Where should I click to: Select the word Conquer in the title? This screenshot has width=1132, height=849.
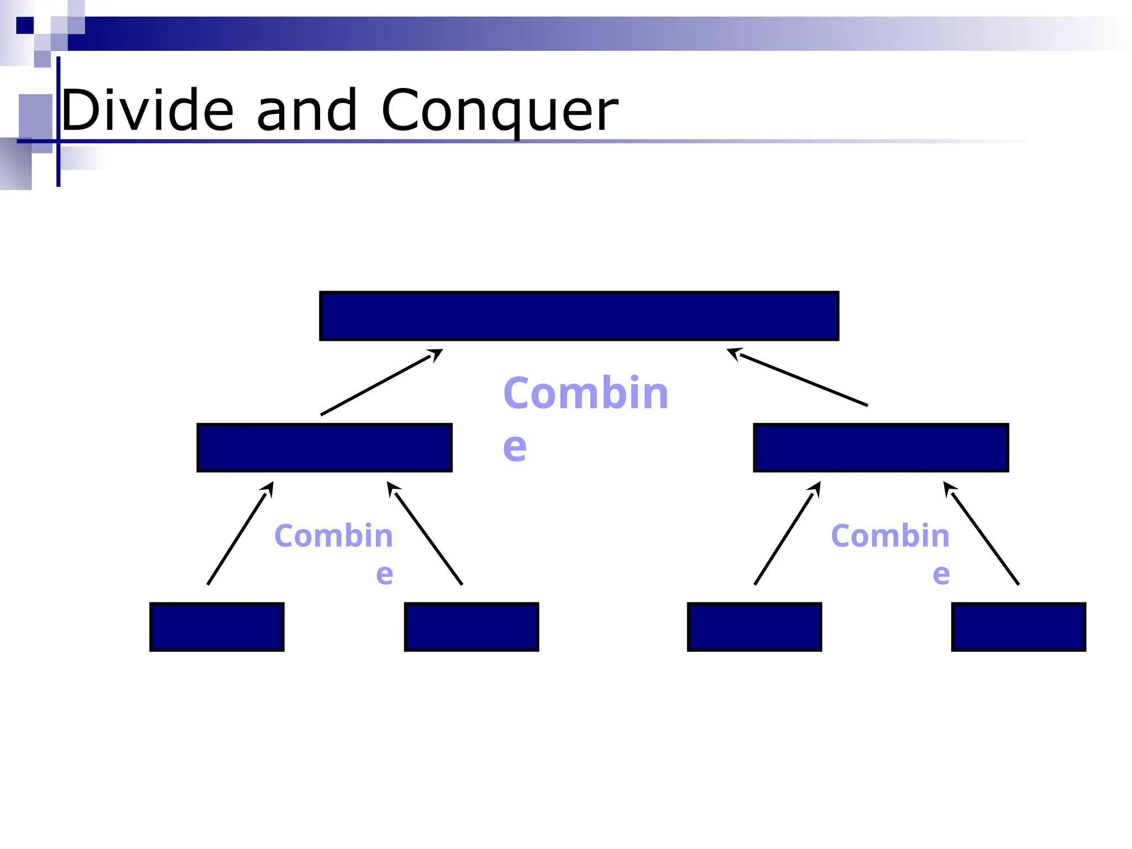pos(500,112)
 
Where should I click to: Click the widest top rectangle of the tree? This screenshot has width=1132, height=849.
pos(579,316)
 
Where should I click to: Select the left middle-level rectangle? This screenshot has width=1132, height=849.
pos(324,447)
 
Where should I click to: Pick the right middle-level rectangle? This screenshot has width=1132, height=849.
pos(881,447)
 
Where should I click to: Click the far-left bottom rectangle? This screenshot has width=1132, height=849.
pos(217,627)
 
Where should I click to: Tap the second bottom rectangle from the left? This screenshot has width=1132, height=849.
pos(471,627)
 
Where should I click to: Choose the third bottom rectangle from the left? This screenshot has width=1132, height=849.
pos(754,627)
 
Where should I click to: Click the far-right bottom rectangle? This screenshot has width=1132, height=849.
pos(1018,627)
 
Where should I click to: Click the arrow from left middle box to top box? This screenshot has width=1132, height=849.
pos(381,382)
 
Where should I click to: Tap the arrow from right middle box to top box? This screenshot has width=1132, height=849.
pos(798,378)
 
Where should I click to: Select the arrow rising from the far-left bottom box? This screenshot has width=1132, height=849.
pos(240,533)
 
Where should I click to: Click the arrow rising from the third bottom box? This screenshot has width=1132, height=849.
pos(787,533)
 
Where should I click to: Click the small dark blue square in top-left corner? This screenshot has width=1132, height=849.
pos(25,25)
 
